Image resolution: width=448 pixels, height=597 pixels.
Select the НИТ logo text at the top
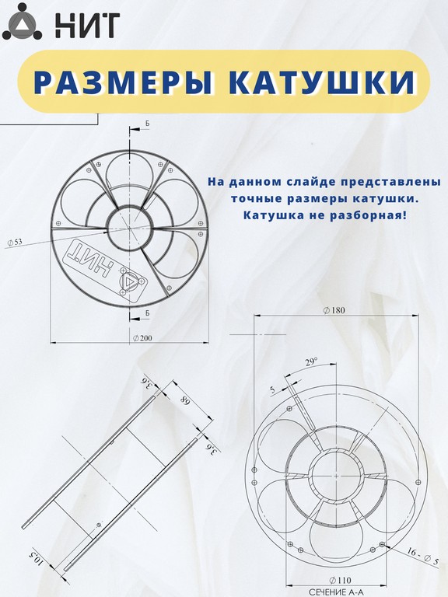[88, 25]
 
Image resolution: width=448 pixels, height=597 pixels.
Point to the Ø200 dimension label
[142, 338]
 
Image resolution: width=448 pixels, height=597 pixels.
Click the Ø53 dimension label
[15, 242]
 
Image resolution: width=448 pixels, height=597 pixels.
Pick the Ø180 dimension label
[334, 310]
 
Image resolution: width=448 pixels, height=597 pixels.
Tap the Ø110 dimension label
[340, 580]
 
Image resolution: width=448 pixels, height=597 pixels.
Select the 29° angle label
[311, 361]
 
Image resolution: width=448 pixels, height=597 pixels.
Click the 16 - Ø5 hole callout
[423, 557]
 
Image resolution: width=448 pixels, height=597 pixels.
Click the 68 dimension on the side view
[185, 402]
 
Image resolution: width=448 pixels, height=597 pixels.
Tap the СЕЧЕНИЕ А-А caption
[336, 592]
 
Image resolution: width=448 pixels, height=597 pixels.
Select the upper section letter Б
[148, 124]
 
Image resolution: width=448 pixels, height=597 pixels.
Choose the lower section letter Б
[148, 312]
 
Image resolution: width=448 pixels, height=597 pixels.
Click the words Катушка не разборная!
[325, 215]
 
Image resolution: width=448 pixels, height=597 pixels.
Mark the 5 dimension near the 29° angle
[272, 389]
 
